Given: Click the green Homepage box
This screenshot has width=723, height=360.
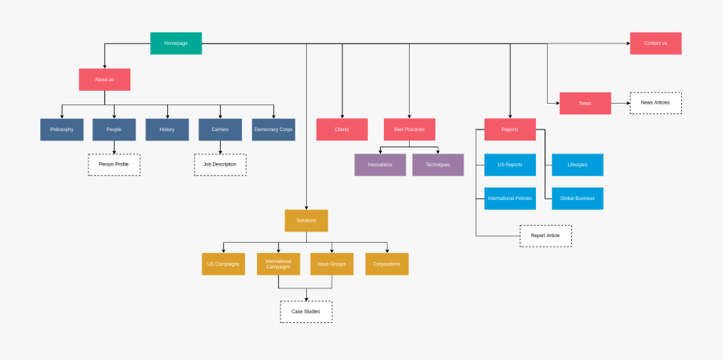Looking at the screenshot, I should (176, 43).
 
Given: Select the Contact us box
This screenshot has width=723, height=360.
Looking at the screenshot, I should (656, 43).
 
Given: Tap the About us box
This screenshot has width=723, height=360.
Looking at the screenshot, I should (104, 80).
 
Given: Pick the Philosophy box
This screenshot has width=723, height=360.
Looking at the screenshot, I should (62, 129).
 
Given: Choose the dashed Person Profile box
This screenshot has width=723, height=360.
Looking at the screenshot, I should (114, 165).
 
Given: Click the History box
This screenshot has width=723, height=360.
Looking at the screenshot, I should (167, 129).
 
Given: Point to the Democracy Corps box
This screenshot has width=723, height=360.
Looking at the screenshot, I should (274, 129).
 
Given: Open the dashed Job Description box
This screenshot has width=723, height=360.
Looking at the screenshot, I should (220, 165).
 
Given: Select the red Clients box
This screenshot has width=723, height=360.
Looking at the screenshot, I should (341, 129).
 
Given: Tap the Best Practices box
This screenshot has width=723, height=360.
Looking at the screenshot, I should (410, 129).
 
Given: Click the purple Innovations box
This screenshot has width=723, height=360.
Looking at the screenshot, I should (380, 165).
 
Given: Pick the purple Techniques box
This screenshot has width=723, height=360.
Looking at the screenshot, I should (438, 165).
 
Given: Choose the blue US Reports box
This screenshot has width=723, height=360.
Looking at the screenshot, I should (510, 165).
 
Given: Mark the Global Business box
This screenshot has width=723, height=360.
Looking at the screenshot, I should (577, 198).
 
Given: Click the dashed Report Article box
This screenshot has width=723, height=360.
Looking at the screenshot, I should (545, 235).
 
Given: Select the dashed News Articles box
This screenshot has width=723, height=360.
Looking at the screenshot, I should (656, 103).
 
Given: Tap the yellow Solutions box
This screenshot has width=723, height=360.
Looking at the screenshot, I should (306, 220).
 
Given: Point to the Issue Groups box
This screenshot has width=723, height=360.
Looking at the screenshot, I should (332, 264).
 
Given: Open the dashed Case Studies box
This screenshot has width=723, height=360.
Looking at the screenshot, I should (306, 312).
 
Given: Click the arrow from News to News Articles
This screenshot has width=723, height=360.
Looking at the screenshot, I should (620, 103).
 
